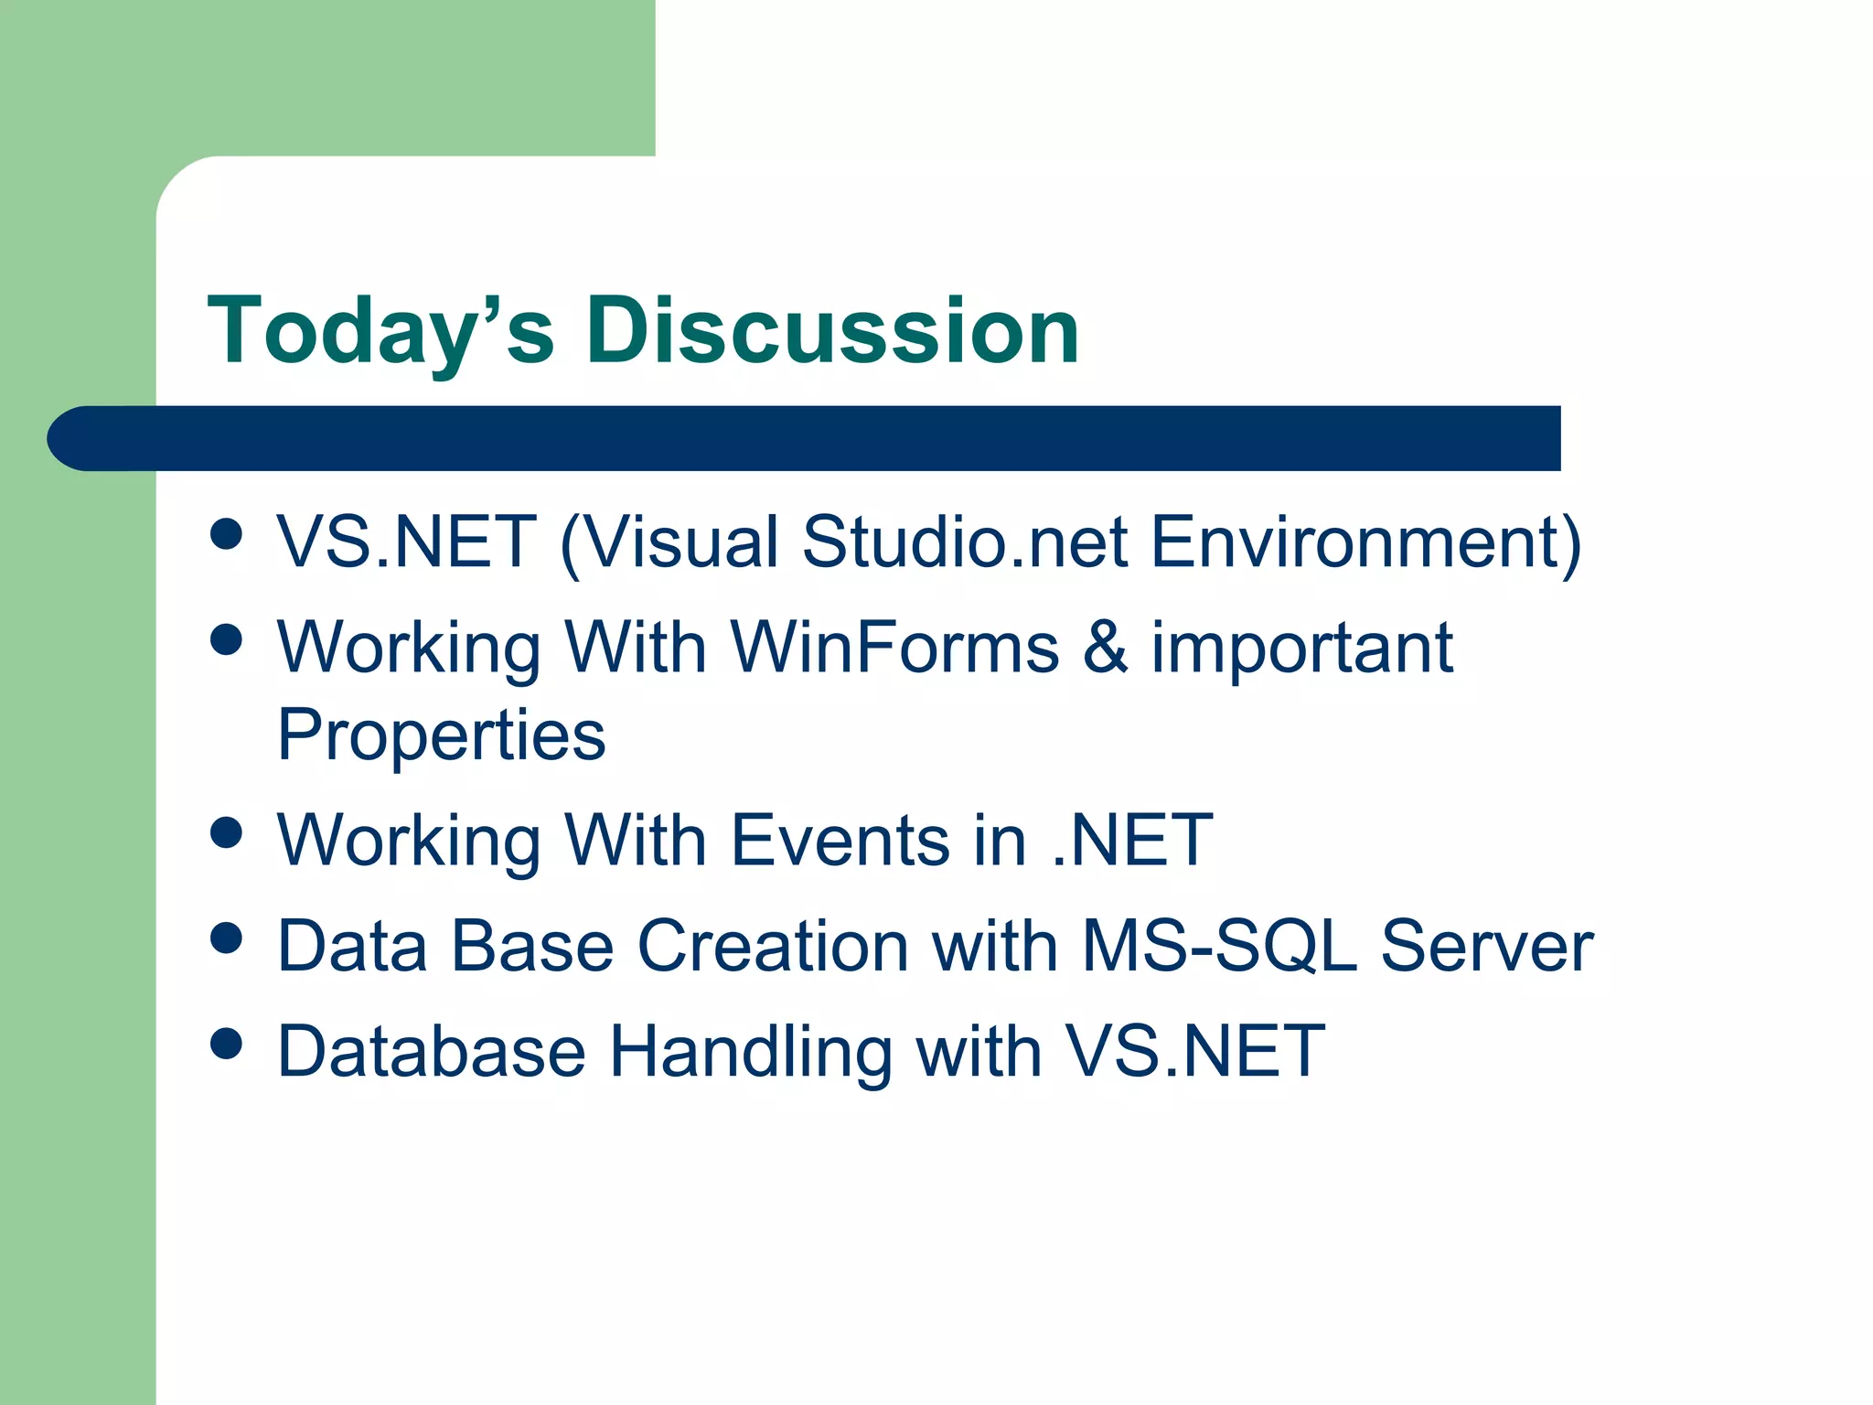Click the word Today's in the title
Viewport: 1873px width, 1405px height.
tap(380, 331)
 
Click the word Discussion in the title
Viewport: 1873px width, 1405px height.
tap(832, 331)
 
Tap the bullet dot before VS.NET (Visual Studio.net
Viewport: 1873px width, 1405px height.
tap(226, 533)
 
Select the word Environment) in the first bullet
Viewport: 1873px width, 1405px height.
tap(1365, 542)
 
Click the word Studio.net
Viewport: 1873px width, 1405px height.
tap(965, 542)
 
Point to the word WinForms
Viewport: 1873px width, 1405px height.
tap(895, 648)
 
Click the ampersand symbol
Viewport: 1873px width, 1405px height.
tap(1105, 648)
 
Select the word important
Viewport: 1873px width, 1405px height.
tap(1301, 648)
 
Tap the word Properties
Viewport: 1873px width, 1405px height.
tap(441, 735)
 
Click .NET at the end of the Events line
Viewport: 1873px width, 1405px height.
tap(1131, 841)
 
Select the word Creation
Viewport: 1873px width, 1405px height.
tap(773, 946)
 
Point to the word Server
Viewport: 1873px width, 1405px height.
tap(1486, 946)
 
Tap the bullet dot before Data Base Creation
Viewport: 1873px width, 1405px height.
tap(226, 938)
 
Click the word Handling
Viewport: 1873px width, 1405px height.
tap(750, 1052)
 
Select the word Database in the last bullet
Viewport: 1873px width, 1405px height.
tap(431, 1052)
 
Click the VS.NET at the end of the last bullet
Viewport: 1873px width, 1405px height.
tap(1195, 1052)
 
